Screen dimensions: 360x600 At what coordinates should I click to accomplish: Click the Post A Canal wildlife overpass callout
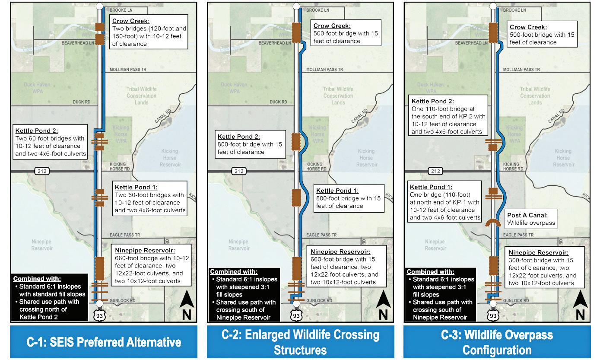(531, 219)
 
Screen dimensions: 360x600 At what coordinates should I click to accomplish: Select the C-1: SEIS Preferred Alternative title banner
(103, 342)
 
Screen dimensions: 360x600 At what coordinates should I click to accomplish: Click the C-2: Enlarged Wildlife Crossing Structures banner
(300, 342)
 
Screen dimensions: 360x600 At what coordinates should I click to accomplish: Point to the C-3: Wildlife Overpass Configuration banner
(497, 342)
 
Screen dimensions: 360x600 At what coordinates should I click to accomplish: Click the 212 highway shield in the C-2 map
(239, 171)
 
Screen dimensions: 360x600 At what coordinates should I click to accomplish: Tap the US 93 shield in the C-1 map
(99, 315)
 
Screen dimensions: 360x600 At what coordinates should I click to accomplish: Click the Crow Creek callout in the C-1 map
(148, 32)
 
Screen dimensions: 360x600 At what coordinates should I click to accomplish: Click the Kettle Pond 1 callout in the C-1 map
(149, 199)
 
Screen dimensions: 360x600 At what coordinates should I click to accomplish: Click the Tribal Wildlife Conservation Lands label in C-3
(535, 96)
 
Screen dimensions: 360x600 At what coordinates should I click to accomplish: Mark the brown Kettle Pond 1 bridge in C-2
(296, 198)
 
